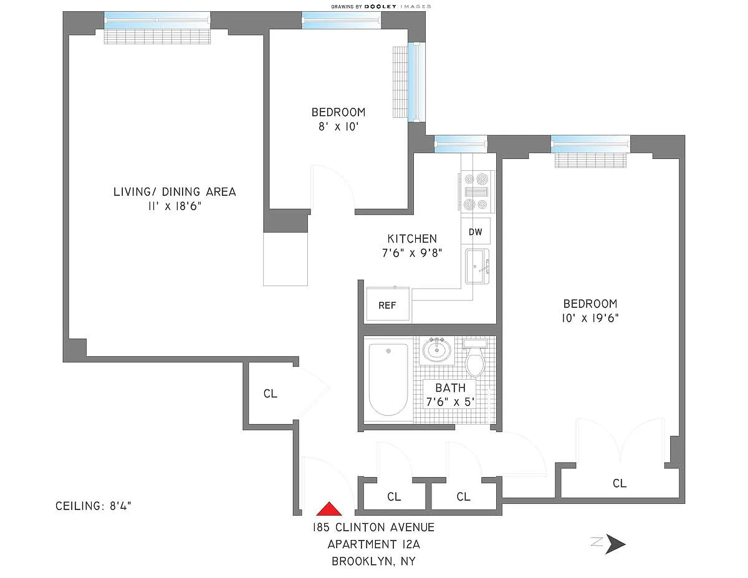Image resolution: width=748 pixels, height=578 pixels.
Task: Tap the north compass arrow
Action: (x=615, y=544)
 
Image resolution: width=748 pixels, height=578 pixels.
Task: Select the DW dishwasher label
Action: (x=476, y=232)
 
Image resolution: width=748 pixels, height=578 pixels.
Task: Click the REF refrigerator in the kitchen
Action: (x=388, y=304)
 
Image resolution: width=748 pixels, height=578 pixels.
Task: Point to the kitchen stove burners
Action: (x=476, y=191)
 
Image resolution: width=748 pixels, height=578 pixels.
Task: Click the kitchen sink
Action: (x=477, y=266)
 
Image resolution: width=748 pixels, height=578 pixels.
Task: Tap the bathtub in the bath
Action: (x=388, y=379)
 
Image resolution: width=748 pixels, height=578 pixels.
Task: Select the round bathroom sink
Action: (x=436, y=350)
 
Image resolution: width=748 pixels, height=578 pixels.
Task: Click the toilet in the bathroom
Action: (x=475, y=358)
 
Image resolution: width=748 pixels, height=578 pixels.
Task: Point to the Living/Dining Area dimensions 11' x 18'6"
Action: (x=175, y=206)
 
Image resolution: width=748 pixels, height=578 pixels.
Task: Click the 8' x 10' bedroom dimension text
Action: (x=338, y=127)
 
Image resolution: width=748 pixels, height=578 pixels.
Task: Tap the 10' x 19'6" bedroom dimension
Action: (x=590, y=318)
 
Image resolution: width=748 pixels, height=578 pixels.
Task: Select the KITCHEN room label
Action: (x=412, y=239)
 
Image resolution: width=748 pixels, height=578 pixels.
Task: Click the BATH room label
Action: (x=450, y=388)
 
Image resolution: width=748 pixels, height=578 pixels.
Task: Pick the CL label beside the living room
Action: (x=271, y=393)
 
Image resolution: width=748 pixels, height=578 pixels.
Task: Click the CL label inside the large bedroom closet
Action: (x=619, y=483)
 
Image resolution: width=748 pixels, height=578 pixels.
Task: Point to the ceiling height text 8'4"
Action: (x=120, y=506)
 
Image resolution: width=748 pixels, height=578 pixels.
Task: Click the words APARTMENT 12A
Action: (x=374, y=544)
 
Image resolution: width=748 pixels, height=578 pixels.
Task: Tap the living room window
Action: (x=157, y=21)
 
